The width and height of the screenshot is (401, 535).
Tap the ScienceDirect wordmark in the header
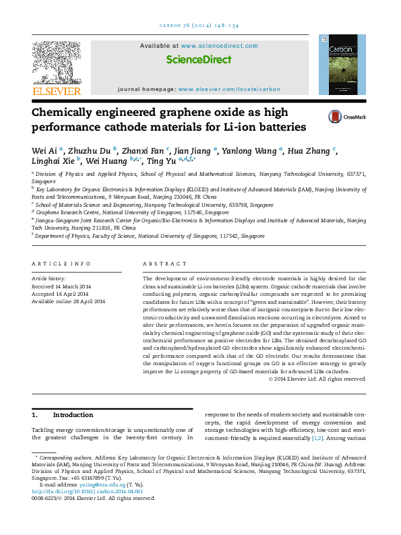tap(198, 60)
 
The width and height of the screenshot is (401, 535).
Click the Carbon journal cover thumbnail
tap(342, 68)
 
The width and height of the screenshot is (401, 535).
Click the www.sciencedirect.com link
tap(219, 46)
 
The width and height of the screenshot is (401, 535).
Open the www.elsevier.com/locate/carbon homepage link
tap(230, 89)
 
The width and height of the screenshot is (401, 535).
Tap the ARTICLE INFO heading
tap(61, 263)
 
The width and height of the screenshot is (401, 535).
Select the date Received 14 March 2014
tap(61, 286)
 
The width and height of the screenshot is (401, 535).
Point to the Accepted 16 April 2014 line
tap(61, 294)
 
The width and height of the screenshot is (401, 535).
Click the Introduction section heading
tap(73, 415)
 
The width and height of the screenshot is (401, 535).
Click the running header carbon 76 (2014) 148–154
tap(199, 26)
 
